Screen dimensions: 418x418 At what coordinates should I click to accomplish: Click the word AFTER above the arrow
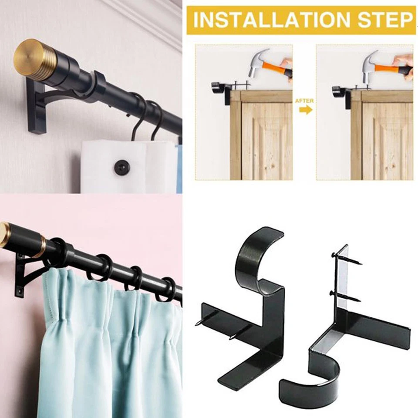tap(304, 101)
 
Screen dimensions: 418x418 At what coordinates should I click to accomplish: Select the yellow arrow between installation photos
tap(306, 110)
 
